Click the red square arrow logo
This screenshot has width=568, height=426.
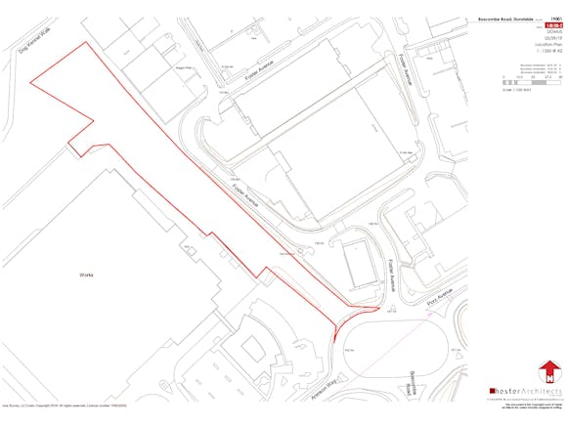tap(550, 372)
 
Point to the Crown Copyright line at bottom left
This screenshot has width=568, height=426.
tap(59, 403)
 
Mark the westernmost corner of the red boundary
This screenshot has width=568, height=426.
tap(29, 84)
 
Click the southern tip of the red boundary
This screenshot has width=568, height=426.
tap(332, 345)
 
